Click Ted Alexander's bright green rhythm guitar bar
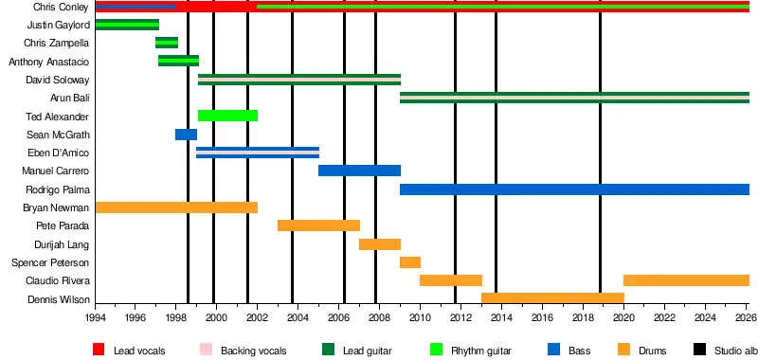tap(227, 116)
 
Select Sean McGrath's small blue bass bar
tap(186, 135)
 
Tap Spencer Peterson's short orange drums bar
tap(410, 262)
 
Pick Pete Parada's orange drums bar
tap(318, 225)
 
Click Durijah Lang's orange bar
tap(380, 244)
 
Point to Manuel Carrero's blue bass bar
tap(359, 171)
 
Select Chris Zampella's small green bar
tap(167, 43)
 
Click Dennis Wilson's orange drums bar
tap(552, 298)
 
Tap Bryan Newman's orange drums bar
tap(176, 207)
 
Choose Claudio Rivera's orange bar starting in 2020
tap(686, 280)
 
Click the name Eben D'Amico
tap(59, 153)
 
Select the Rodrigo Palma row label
tap(58, 189)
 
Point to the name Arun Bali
tap(69, 99)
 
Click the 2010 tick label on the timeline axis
tap(420, 317)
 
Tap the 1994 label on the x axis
tap(96, 317)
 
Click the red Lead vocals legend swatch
tap(99, 349)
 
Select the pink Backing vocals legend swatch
tap(206, 349)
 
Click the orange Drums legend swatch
tap(624, 349)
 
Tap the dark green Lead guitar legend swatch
tap(328, 349)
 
